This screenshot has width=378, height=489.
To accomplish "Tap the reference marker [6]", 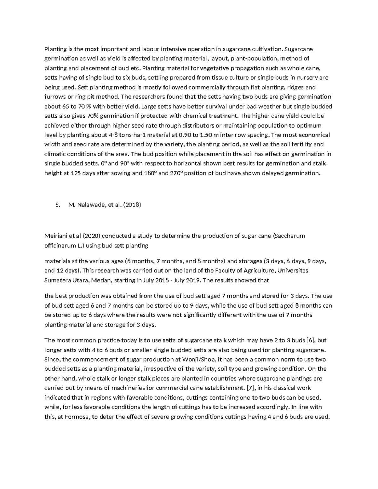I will click(x=312, y=340).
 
